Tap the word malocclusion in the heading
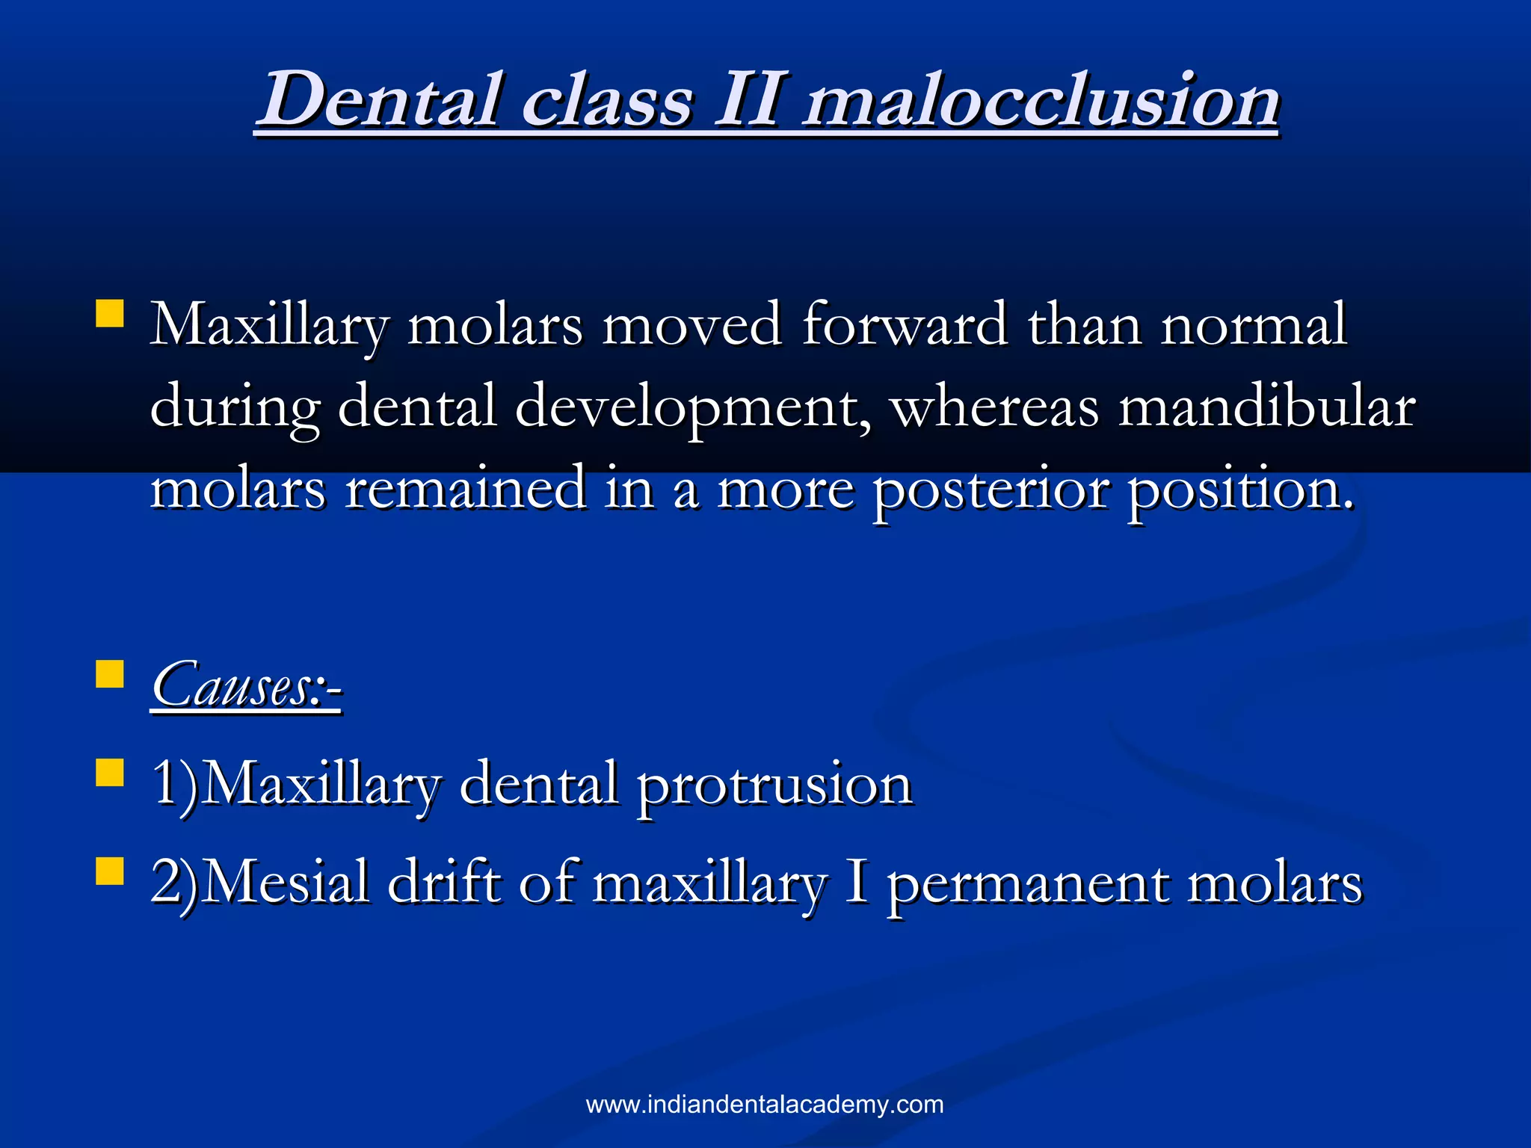coord(1041,99)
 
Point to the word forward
coord(904,325)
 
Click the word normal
coord(1253,325)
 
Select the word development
coord(692,407)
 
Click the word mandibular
coord(1266,407)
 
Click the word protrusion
coord(774,785)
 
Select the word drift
coord(444,882)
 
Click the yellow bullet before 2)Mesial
coord(109,871)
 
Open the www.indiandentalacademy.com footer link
coord(765,1105)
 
